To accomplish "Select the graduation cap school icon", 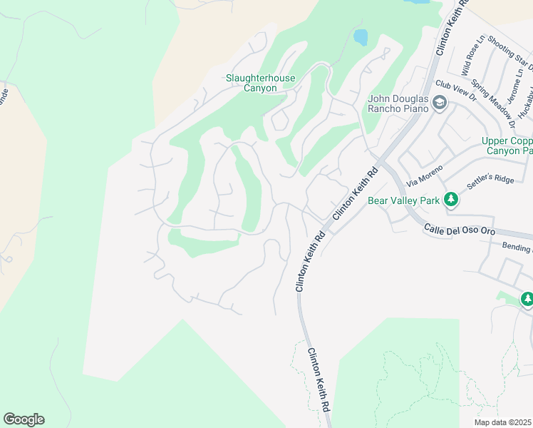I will coord(439,104).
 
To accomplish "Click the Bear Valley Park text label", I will coord(403,200).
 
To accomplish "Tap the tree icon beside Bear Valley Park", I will coord(450,200).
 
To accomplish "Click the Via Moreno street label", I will coord(425,176).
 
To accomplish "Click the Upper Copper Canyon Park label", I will coord(507,146).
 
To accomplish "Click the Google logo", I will coord(24,419).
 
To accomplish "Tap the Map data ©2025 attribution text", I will coord(504,422).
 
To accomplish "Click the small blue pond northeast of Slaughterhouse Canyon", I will coord(361,36).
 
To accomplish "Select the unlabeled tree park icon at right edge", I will coord(527,300).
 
